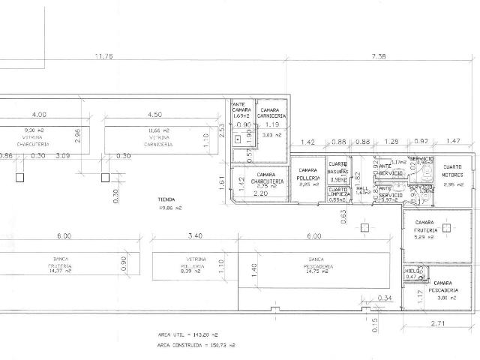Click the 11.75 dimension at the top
[x=103, y=56]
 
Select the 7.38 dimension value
[x=379, y=56]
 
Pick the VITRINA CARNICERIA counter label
[x=160, y=140]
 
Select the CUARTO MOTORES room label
[x=452, y=170]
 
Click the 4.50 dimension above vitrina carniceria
[x=155, y=115]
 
